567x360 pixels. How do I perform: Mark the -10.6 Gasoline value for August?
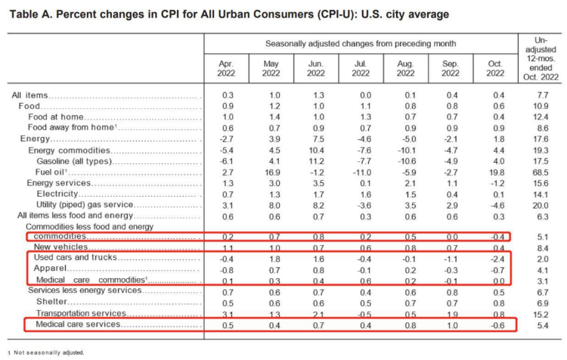(405, 161)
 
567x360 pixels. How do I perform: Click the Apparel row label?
(50, 268)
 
